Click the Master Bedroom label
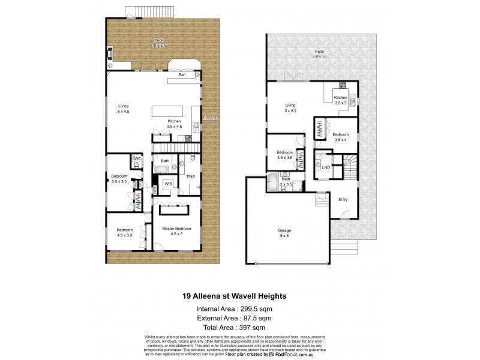(x=177, y=231)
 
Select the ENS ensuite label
(x=190, y=177)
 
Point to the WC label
(x=137, y=159)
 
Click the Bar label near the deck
(x=181, y=76)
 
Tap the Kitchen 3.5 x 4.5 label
(x=175, y=124)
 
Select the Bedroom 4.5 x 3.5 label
(x=125, y=232)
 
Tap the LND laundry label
(x=325, y=167)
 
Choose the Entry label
(x=343, y=199)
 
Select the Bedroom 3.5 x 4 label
(x=340, y=137)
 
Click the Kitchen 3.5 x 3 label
(x=340, y=100)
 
